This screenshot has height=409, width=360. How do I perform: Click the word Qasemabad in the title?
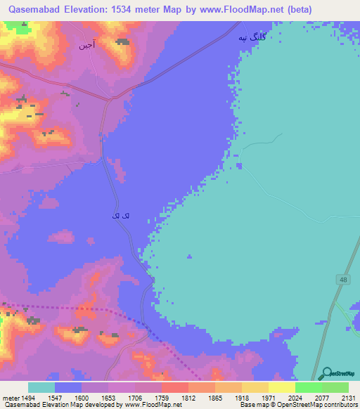tap(35, 9)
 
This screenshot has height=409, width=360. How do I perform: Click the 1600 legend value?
tap(82, 397)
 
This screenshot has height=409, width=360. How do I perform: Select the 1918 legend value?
tap(242, 397)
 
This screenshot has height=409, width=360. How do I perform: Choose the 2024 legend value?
tap(295, 397)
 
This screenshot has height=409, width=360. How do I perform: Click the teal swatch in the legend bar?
tap(41, 387)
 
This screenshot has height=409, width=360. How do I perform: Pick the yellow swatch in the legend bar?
tap(281, 387)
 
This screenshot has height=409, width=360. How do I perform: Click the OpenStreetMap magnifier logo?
tap(326, 374)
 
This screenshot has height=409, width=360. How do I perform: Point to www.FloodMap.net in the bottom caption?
tap(149, 405)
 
